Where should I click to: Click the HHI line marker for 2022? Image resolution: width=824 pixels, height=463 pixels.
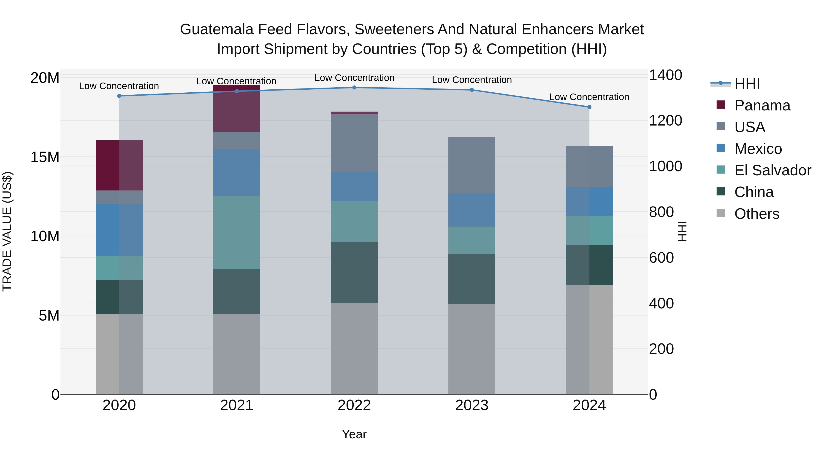[354, 88]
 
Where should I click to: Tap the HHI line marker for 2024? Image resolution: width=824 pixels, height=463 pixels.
[589, 107]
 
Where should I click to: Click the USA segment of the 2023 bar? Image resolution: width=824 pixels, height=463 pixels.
[472, 165]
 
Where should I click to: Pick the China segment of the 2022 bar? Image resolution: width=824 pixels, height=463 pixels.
[354, 273]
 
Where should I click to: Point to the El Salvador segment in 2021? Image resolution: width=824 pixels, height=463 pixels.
[237, 233]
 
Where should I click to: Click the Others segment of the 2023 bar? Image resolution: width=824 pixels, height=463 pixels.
[472, 349]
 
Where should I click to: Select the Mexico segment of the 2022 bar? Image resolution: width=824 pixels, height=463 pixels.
[354, 187]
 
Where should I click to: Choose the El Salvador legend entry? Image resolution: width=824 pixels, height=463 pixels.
[772, 170]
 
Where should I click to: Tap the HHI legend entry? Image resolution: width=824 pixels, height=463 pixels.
[747, 84]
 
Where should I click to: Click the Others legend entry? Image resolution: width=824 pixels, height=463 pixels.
[756, 214]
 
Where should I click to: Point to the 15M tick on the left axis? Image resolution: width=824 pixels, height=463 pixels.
[45, 157]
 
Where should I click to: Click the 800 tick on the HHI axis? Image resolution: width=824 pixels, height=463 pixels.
[661, 212]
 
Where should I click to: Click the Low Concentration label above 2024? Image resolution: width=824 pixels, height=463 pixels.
[589, 97]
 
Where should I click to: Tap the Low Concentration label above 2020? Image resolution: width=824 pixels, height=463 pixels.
[119, 86]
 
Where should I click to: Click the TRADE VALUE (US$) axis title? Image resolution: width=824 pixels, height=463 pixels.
[7, 231]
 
